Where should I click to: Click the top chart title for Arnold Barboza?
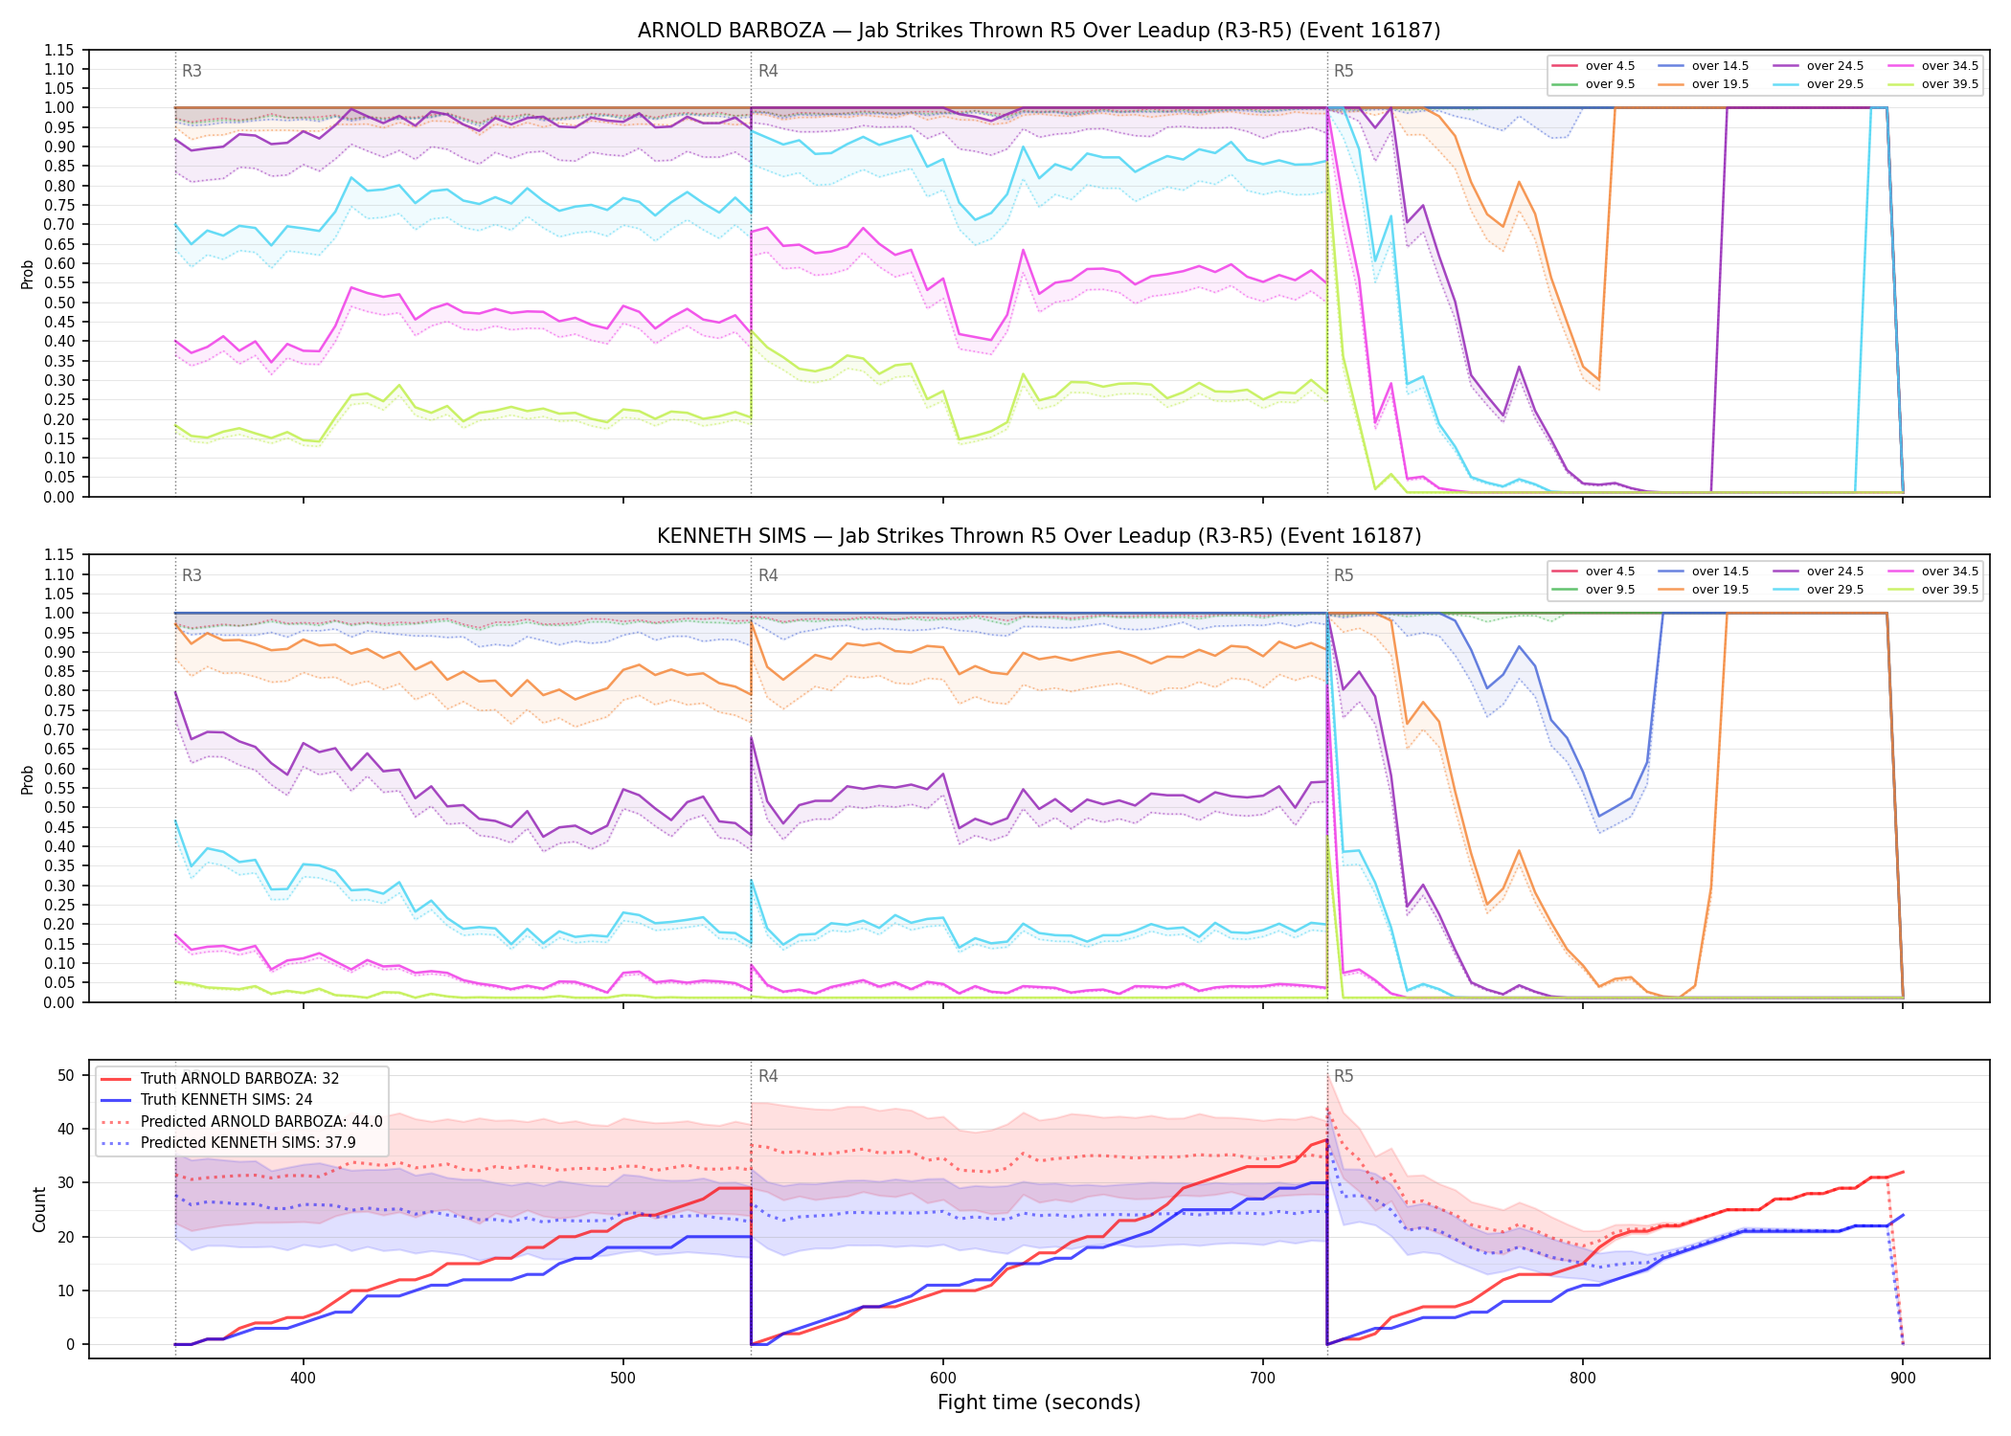click(1039, 31)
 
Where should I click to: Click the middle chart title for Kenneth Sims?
click(1039, 536)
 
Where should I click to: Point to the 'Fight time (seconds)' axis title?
click(1039, 1402)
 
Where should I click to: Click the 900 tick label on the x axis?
click(1903, 1379)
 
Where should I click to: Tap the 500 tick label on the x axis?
click(623, 1379)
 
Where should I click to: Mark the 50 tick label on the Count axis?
click(66, 1075)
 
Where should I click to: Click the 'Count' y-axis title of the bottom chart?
click(39, 1209)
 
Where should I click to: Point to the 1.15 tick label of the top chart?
click(59, 50)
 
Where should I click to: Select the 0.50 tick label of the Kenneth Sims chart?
click(59, 807)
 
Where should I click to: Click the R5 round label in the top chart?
click(1344, 71)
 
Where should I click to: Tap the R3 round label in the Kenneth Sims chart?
click(192, 575)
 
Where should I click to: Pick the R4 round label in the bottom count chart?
click(768, 1076)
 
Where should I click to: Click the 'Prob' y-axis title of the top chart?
click(28, 274)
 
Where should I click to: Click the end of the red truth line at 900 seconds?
click(1903, 1172)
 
